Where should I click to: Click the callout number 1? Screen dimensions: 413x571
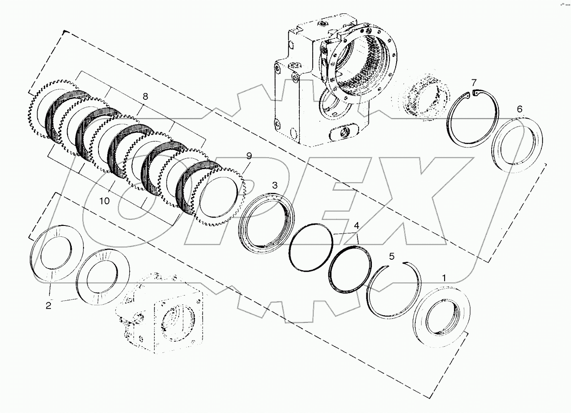pos(444,278)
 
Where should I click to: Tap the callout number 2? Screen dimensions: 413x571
pos(48,306)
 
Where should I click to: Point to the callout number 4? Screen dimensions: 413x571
pos(356,226)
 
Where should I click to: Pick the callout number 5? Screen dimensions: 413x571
pos(391,256)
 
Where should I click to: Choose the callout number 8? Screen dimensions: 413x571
pos(145,96)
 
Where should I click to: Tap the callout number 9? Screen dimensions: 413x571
pos(249,156)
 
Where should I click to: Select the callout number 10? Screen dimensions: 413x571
pos(104,201)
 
